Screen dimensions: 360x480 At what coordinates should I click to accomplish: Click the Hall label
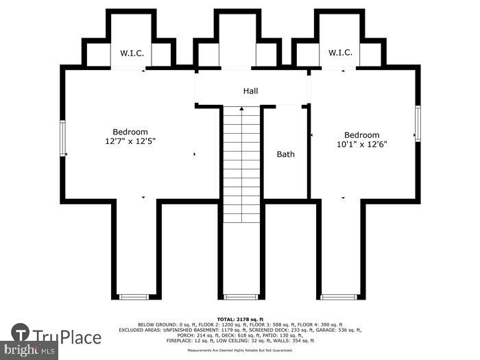(x=250, y=91)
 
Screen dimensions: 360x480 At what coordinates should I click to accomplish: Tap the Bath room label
(x=285, y=154)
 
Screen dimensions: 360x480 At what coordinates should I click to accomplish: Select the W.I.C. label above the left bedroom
(x=132, y=53)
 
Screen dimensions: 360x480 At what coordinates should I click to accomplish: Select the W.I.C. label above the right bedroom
(x=340, y=53)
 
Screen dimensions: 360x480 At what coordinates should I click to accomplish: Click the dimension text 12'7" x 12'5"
(x=130, y=142)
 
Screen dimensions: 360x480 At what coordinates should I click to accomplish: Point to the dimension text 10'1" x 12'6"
(x=361, y=145)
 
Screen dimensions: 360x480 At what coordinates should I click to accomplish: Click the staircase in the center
(x=241, y=168)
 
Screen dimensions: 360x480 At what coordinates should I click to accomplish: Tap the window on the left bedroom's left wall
(x=62, y=139)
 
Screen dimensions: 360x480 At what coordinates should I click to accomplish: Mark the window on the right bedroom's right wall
(x=417, y=124)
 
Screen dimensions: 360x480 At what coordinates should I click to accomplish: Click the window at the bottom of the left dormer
(x=134, y=297)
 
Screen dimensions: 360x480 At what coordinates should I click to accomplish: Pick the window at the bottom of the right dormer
(x=339, y=297)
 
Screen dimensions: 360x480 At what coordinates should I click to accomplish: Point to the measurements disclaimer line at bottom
(x=240, y=350)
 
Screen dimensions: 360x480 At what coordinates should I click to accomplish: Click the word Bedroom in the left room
(x=130, y=132)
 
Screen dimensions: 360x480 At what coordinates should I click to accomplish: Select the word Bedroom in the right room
(x=361, y=135)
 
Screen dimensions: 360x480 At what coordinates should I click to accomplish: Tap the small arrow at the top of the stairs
(x=241, y=108)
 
